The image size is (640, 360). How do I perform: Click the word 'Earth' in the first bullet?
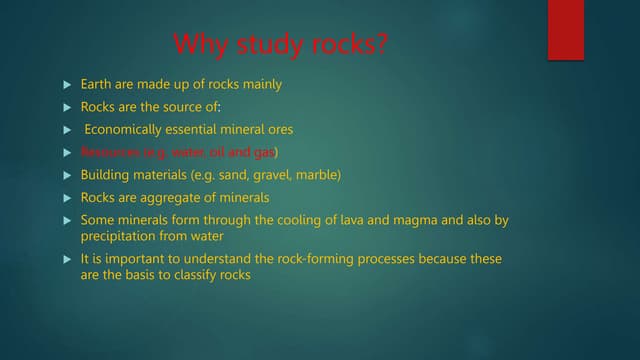[98, 84]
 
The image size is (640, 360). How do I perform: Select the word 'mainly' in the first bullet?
[258, 84]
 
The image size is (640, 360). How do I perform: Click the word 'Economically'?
[126, 129]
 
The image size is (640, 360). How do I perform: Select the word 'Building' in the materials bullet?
[105, 175]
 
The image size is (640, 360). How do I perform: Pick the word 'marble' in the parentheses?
[318, 175]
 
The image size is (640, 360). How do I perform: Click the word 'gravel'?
[269, 175]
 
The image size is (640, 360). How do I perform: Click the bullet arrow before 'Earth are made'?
[67, 85]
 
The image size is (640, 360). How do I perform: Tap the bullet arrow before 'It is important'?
[67, 260]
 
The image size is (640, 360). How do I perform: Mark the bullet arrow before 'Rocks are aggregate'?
[67, 198]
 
